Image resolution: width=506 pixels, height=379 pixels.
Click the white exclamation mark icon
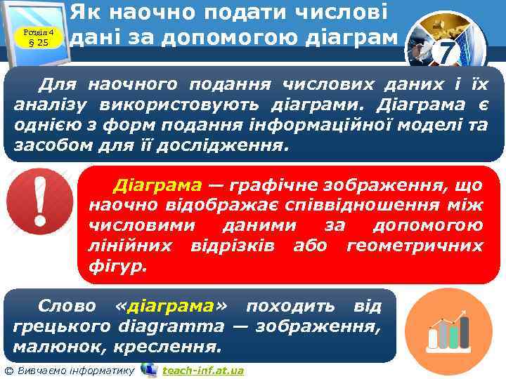pos(39,204)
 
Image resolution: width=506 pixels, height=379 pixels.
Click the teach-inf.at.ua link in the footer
pos(202,370)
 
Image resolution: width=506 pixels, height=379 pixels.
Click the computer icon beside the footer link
pos(148,369)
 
